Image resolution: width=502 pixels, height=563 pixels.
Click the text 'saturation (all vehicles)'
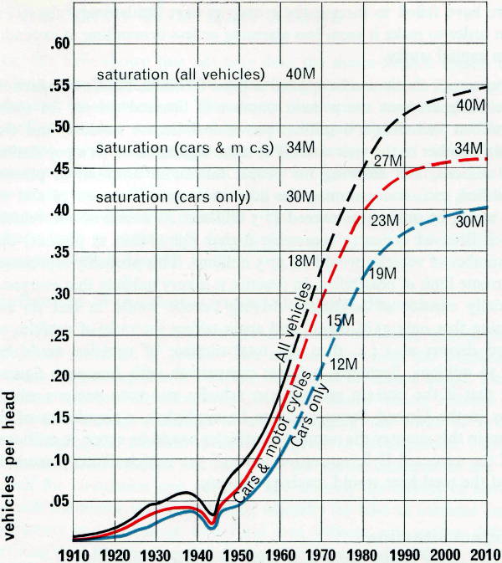coord(180,74)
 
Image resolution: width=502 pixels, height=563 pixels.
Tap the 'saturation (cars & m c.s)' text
coord(179,148)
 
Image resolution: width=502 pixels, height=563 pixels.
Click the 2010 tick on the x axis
coord(484,553)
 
